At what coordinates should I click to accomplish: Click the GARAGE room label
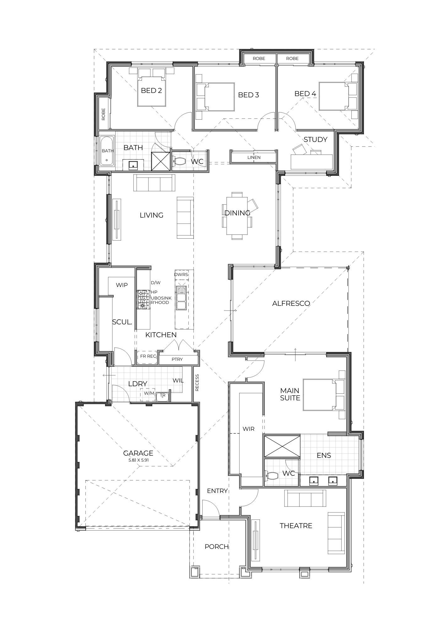coord(138,453)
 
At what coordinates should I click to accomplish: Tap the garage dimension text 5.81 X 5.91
coord(138,460)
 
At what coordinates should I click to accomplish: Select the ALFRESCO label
coord(291,303)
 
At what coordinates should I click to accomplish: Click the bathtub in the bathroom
coord(107,151)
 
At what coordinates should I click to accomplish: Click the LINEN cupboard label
coord(254,157)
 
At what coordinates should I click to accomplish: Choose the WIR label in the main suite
coord(248,429)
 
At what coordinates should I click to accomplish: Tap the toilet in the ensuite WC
coord(272,476)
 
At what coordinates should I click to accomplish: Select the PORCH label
coord(217,547)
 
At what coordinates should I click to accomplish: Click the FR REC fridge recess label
coord(148,356)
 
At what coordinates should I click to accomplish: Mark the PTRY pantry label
coord(177,359)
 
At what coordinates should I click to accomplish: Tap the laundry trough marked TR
coord(163,397)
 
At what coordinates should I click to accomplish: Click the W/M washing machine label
coord(149,393)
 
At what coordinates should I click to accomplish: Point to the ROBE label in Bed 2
coord(103,114)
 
